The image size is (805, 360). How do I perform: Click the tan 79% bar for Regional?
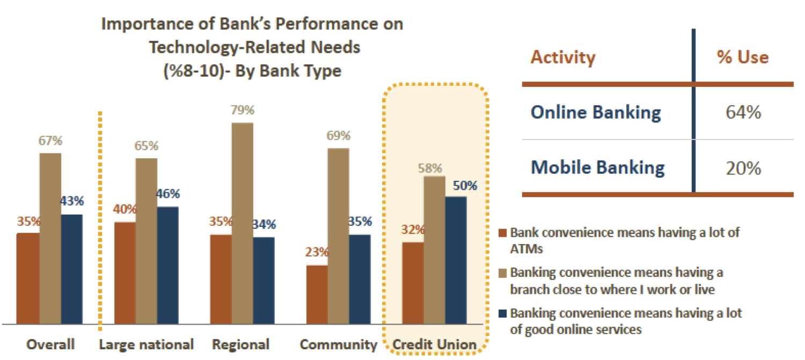242,223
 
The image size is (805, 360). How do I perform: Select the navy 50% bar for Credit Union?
456,260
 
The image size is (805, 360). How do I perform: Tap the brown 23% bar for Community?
317,295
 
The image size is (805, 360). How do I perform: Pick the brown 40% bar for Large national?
125,273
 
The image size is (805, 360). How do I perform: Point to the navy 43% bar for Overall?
72,269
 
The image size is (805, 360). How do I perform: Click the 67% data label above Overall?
50,141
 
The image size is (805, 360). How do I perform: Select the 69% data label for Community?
339,135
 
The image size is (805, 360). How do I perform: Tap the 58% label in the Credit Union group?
430,168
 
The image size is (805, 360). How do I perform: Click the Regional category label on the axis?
241,344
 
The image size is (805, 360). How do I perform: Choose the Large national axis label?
147,344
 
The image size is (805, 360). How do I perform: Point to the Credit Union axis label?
435,344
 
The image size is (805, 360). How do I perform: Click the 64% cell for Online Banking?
743,112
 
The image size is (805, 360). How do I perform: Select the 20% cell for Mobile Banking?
743,168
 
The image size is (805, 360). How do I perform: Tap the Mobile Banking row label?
598,167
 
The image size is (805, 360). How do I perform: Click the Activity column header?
563,57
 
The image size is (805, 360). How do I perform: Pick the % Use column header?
743,57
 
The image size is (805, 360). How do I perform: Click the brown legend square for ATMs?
503,233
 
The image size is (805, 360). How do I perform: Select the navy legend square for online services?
503,313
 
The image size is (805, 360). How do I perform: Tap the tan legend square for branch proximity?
503,273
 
